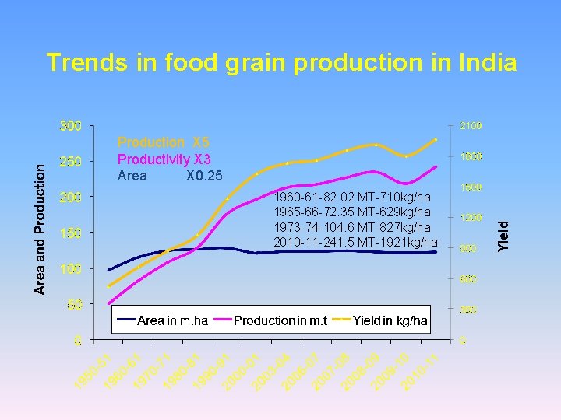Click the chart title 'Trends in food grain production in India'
point(281,62)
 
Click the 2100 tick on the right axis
point(471,125)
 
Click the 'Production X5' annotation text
point(164,142)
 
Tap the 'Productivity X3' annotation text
point(164,159)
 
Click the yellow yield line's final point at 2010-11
point(436,139)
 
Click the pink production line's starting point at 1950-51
point(109,303)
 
